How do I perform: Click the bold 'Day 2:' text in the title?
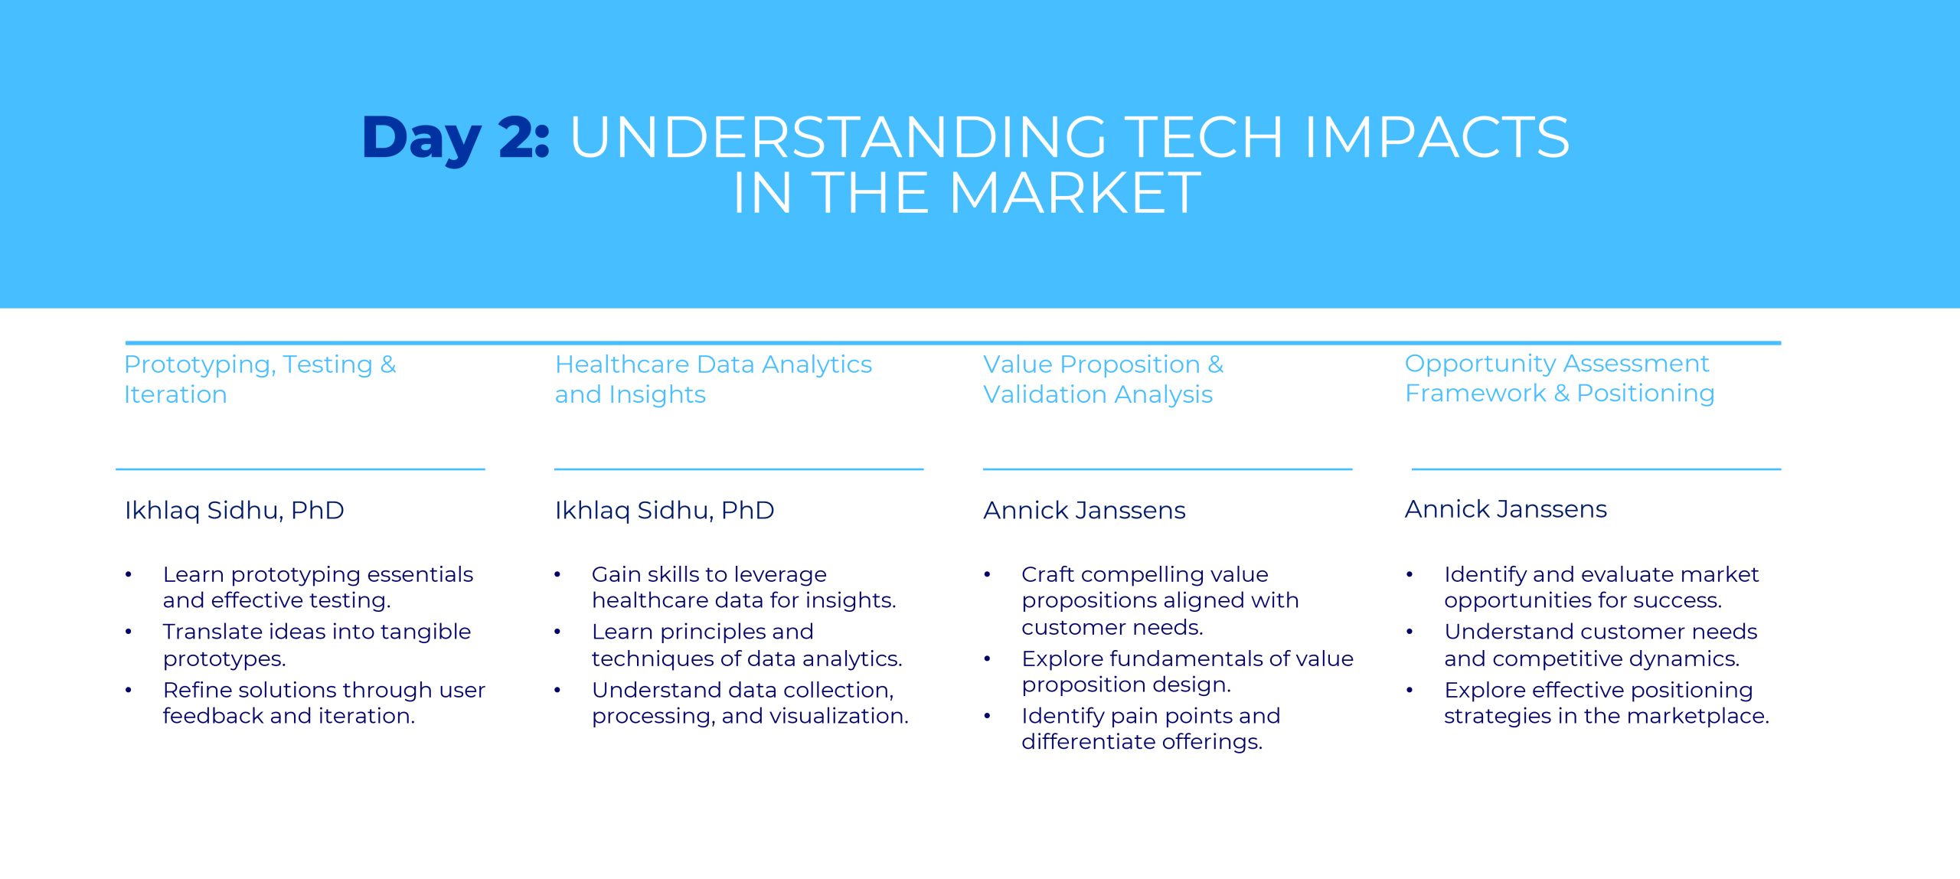456,139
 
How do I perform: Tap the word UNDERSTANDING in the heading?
838,138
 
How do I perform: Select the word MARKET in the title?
1075,192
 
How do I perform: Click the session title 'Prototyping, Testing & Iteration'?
260,379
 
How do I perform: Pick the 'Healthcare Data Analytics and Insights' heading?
714,379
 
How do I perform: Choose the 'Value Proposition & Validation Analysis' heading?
1103,379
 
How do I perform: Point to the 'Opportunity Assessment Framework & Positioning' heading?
1560,378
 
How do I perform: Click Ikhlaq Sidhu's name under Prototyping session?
234,510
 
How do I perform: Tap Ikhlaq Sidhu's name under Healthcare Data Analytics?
665,510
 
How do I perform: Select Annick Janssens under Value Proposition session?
1084,510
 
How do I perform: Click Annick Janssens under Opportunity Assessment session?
1506,509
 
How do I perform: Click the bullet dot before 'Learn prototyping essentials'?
129,574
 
